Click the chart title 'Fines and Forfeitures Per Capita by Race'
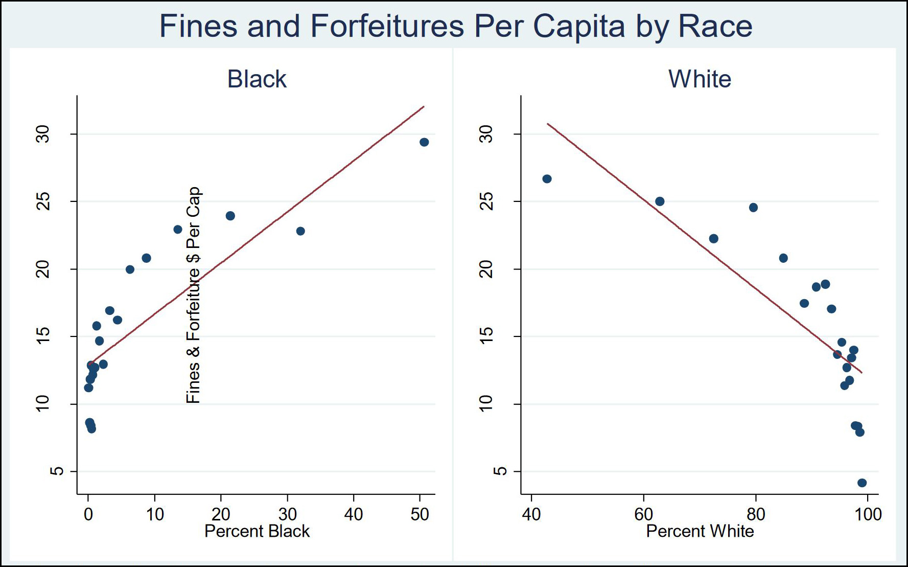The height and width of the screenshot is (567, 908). (455, 26)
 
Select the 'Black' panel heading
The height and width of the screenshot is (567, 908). (257, 79)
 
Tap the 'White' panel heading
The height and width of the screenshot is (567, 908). (700, 79)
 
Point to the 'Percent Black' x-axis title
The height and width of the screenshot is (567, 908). (257, 531)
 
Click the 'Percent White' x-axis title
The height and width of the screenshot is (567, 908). (700, 531)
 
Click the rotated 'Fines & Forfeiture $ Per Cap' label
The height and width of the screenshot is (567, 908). (194, 295)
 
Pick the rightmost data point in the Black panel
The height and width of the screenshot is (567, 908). (424, 142)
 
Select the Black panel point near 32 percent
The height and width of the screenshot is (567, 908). (300, 231)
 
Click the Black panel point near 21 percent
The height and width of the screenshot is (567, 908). (230, 216)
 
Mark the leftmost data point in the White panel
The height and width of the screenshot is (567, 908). (547, 179)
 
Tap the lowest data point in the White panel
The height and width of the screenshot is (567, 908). (862, 483)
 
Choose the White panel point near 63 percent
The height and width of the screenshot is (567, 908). (660, 201)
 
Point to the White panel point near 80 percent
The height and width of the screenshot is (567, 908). (753, 208)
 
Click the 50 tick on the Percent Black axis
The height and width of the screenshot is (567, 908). (420, 514)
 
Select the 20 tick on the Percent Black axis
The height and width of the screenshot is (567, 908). (221, 514)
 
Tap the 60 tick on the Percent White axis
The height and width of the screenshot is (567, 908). (643, 514)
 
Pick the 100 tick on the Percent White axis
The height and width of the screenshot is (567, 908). (868, 514)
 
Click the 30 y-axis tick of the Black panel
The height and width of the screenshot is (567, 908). (44, 134)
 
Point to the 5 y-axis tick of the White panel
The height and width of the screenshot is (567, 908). (487, 471)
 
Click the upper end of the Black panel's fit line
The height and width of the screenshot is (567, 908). (424, 107)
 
